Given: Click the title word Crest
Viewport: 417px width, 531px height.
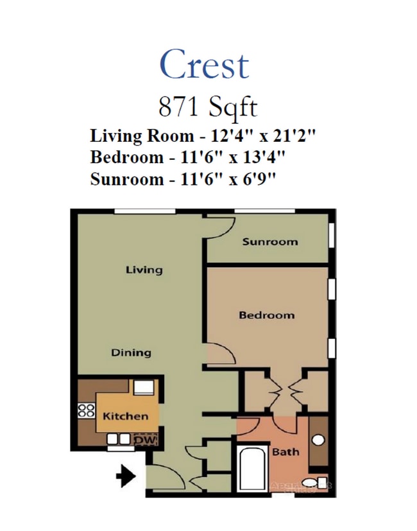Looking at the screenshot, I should pos(204,65).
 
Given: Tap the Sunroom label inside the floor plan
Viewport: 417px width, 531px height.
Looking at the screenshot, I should pos(269,242).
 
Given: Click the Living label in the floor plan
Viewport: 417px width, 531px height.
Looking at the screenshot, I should pos(144,270).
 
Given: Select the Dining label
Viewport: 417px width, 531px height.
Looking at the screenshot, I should pos(131,353).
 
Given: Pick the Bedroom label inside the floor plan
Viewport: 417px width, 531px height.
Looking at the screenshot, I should pos(266,315).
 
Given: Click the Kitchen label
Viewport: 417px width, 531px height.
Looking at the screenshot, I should pos(125,416).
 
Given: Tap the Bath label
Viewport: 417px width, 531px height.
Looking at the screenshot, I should pos(285,452).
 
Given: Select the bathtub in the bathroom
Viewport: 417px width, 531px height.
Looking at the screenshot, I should pos(251,472).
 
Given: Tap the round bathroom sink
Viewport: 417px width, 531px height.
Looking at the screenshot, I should pos(318,441).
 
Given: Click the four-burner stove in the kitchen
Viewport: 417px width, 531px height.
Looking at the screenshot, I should pos(86,410).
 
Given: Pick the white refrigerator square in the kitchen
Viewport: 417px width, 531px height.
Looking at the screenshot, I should pos(144,387).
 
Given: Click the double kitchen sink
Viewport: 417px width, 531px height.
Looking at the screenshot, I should pos(117,440).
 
